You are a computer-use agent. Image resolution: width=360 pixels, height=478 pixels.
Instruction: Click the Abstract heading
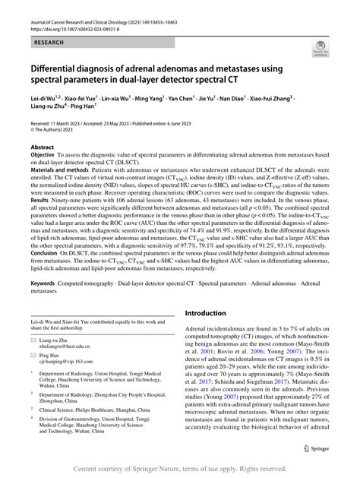click(42, 147)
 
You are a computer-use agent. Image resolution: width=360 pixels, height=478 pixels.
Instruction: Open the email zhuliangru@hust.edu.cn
click(74, 361)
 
